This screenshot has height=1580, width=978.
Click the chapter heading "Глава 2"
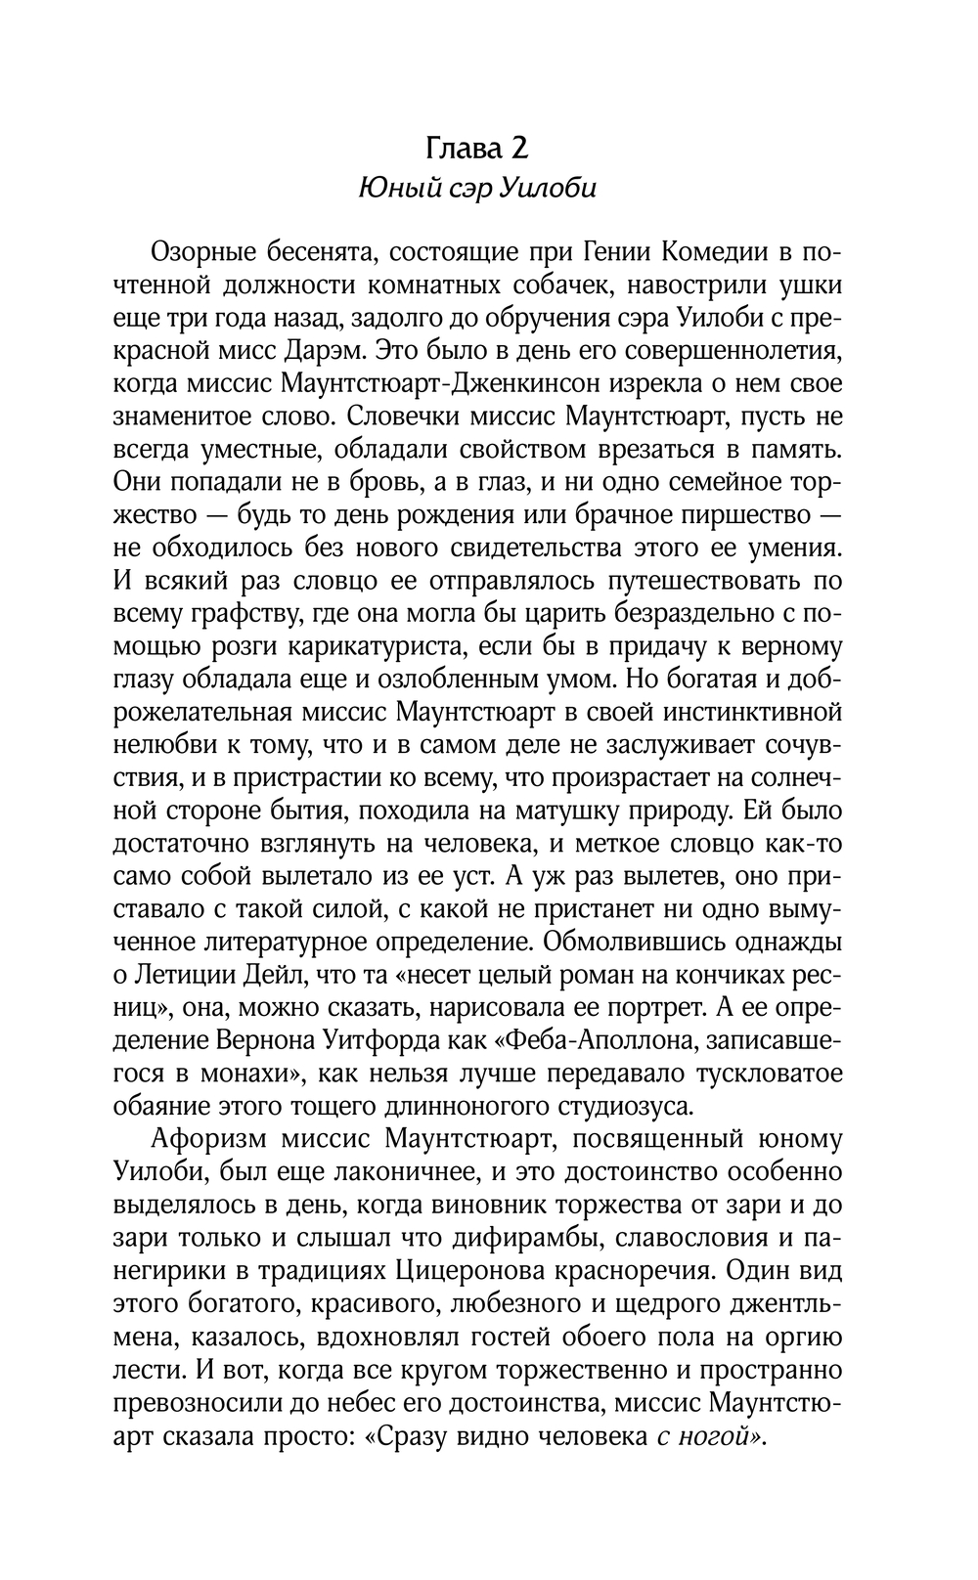pos(477,148)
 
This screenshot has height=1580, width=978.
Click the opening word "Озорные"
pos(202,252)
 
